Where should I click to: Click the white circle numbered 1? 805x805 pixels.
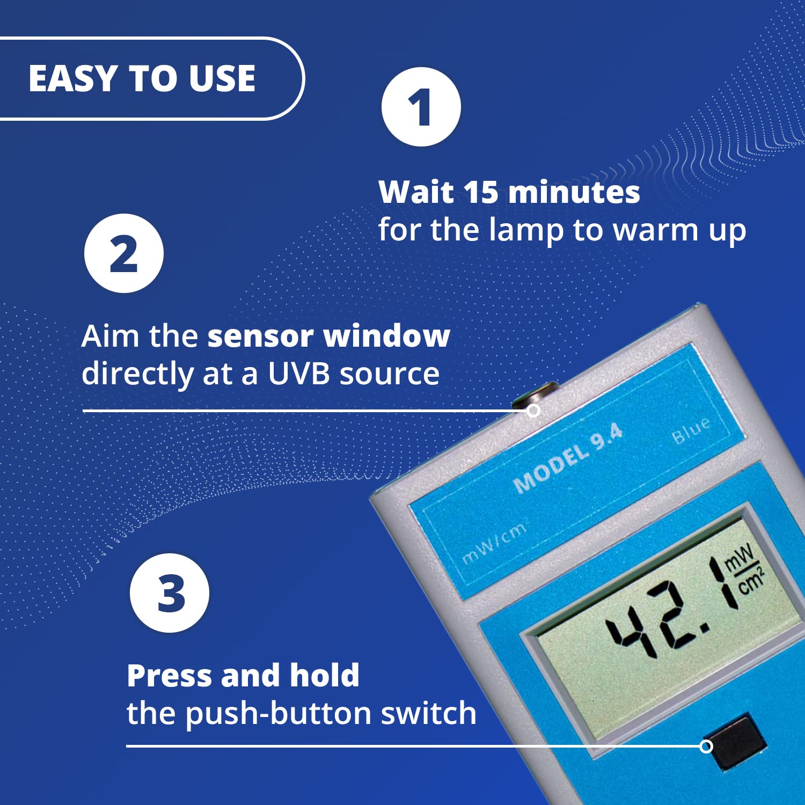click(x=421, y=107)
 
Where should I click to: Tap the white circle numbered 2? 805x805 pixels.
click(x=124, y=253)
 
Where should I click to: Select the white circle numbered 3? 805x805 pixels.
click(x=170, y=593)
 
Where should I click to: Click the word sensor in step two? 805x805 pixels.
click(x=260, y=336)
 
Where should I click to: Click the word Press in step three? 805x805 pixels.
click(x=170, y=676)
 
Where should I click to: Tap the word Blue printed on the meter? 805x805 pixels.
click(x=691, y=429)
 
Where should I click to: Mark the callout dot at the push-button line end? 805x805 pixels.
click(x=706, y=746)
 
